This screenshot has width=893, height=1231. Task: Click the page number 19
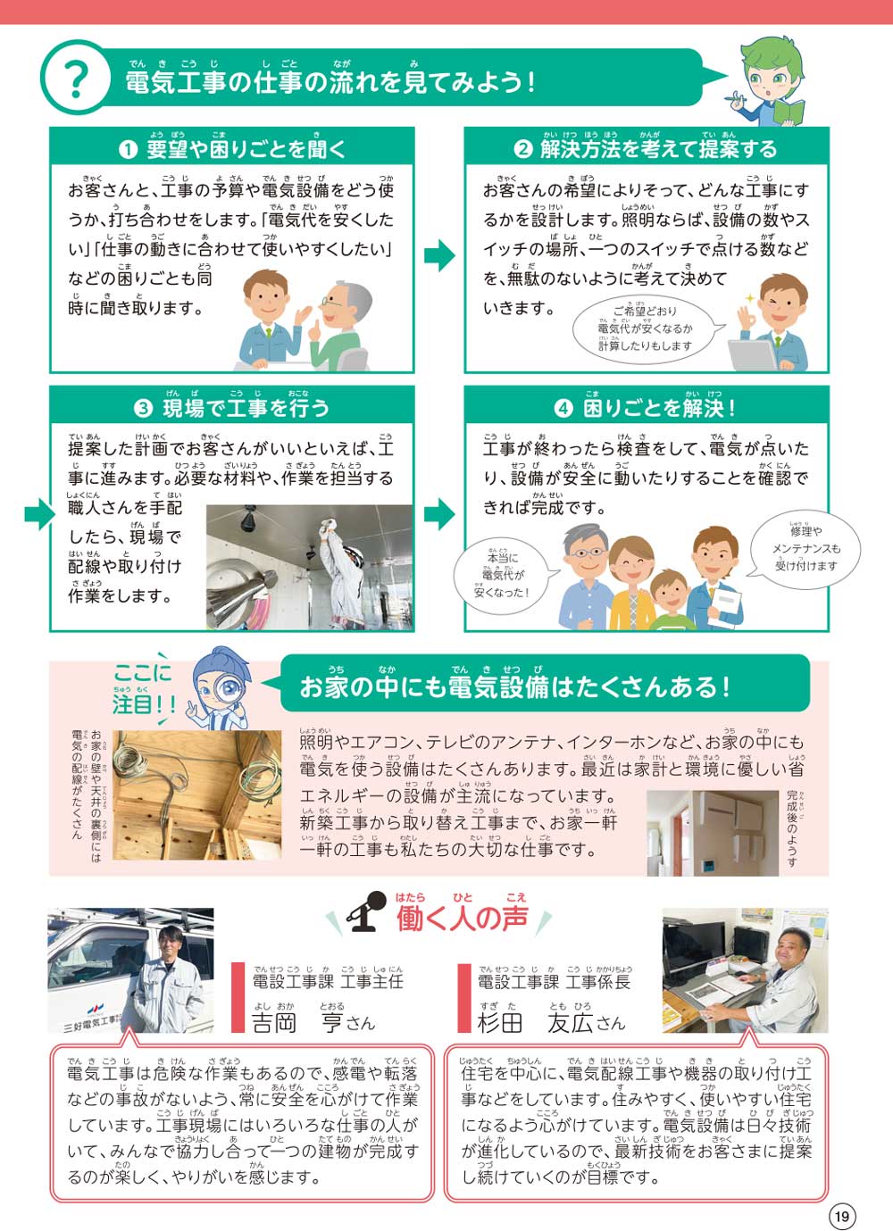point(841,1216)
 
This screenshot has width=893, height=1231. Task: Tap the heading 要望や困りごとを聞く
point(232,148)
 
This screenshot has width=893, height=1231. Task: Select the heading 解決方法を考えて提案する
point(647,148)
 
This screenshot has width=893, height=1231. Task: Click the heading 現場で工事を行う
point(232,408)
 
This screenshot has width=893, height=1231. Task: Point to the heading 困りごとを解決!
point(647,408)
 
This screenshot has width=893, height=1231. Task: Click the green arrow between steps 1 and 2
point(438,256)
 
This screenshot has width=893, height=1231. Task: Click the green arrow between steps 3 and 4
point(438,513)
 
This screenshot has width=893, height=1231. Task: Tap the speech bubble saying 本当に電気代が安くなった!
point(501,575)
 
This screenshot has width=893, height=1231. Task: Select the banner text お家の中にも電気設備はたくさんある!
point(514,686)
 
